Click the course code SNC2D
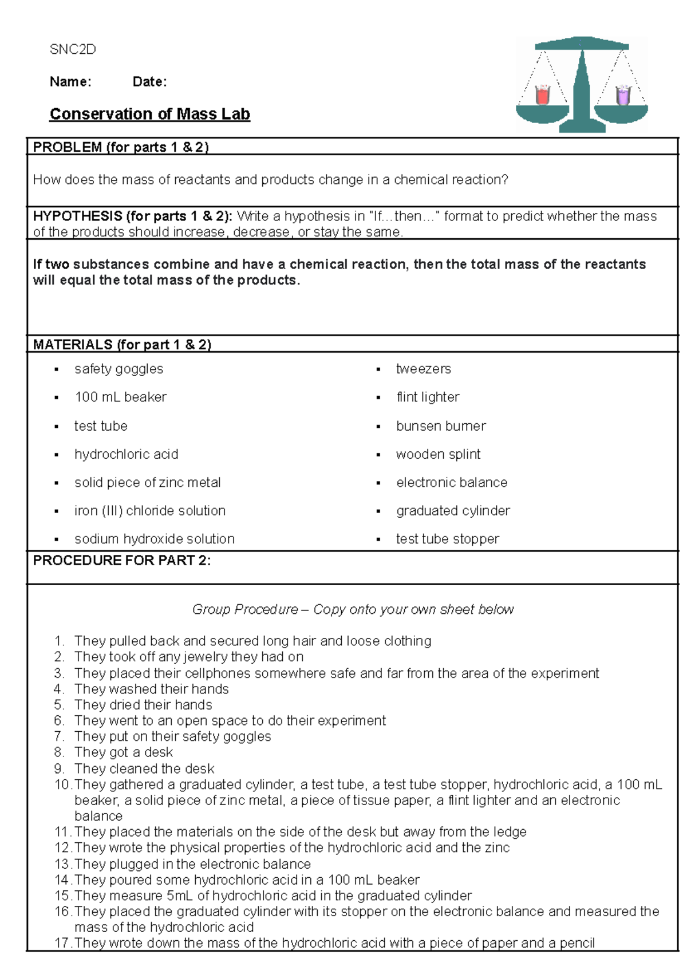(x=73, y=50)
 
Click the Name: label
(x=70, y=82)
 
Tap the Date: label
(x=149, y=82)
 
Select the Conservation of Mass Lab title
(x=150, y=115)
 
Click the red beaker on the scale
(x=542, y=95)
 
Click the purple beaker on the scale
(x=623, y=95)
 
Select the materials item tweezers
(x=423, y=369)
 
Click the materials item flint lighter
(x=428, y=397)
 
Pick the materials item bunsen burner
(x=441, y=426)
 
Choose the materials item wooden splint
(x=438, y=455)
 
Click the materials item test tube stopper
(x=447, y=539)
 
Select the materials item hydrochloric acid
(x=126, y=455)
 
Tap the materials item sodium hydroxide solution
(x=155, y=539)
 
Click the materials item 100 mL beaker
(x=120, y=397)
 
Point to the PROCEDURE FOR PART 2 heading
(x=122, y=561)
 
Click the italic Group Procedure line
(x=353, y=610)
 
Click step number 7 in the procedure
(x=60, y=736)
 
